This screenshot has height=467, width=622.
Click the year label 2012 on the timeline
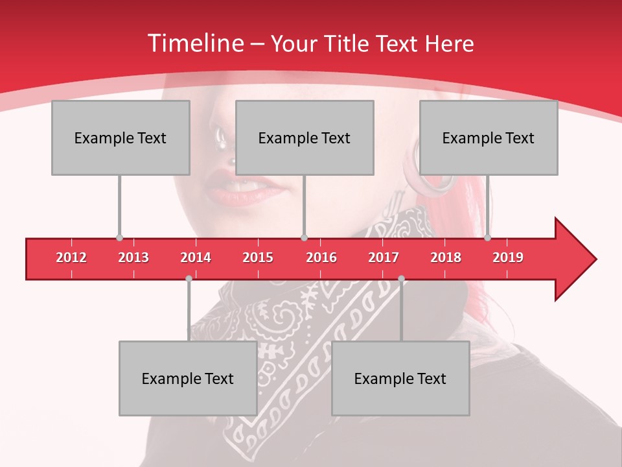coord(71,257)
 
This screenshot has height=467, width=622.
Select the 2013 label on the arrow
coord(133,257)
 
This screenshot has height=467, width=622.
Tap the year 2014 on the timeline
coord(196,257)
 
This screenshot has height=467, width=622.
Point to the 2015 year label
coord(258,257)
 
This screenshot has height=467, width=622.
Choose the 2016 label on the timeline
coord(321,257)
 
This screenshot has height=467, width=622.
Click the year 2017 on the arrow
coord(384,257)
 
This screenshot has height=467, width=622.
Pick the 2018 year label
coord(446,257)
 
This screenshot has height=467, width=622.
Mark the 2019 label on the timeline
coord(508,257)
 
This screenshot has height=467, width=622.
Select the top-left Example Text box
coord(121,138)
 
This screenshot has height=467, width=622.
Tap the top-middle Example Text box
coord(305,138)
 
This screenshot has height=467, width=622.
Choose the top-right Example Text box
coord(489,138)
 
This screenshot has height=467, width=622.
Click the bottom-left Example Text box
coord(188,379)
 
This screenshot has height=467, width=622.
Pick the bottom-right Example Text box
coord(400,379)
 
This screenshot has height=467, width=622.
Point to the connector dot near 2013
coord(119,238)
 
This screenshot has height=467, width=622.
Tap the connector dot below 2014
coord(189,279)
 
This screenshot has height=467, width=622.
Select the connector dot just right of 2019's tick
coord(488,238)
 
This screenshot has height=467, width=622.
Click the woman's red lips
coord(243,188)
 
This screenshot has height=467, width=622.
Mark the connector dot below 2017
coord(401,279)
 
